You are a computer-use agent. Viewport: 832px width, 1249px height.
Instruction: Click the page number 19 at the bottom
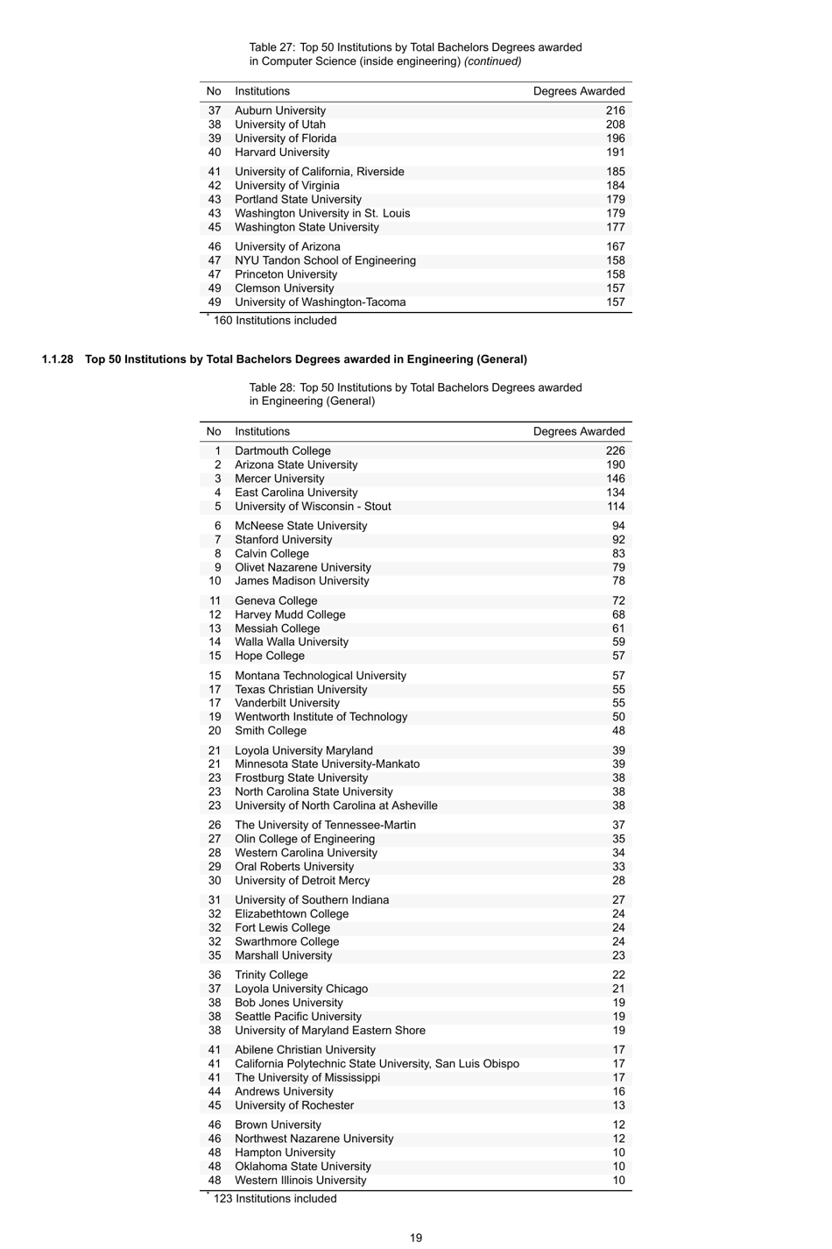coord(416,1238)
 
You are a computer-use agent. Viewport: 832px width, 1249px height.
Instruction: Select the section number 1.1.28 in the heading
coord(58,359)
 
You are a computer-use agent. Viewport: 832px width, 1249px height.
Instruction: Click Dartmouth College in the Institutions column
coord(282,451)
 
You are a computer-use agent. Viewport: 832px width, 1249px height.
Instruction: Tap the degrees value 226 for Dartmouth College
coord(615,451)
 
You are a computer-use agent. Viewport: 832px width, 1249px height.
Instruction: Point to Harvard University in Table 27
coord(281,153)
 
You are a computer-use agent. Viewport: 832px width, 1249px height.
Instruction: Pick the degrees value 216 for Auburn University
coord(615,110)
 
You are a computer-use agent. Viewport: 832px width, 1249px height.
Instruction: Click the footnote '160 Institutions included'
coord(274,321)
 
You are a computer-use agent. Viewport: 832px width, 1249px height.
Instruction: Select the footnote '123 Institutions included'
coord(274,1199)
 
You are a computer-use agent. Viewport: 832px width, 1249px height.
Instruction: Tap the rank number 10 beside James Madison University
coord(215,581)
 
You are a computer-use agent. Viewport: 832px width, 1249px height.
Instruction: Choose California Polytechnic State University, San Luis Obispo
coord(377,1064)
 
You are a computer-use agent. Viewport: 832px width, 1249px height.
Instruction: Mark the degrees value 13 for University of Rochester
coord(618,1105)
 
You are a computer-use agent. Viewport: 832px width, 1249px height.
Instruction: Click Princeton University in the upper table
coord(286,274)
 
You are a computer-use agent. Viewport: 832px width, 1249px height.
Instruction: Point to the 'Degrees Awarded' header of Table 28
coord(579,431)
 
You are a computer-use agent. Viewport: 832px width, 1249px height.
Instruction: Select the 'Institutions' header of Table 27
coord(262,91)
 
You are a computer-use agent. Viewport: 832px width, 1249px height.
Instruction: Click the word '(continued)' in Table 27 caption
coord(492,61)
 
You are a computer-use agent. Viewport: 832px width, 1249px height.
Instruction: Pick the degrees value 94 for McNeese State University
coord(618,526)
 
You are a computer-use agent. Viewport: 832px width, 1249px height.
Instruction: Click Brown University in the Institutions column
coord(278,1125)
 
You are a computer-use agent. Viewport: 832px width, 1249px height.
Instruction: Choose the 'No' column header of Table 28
coord(214,431)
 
